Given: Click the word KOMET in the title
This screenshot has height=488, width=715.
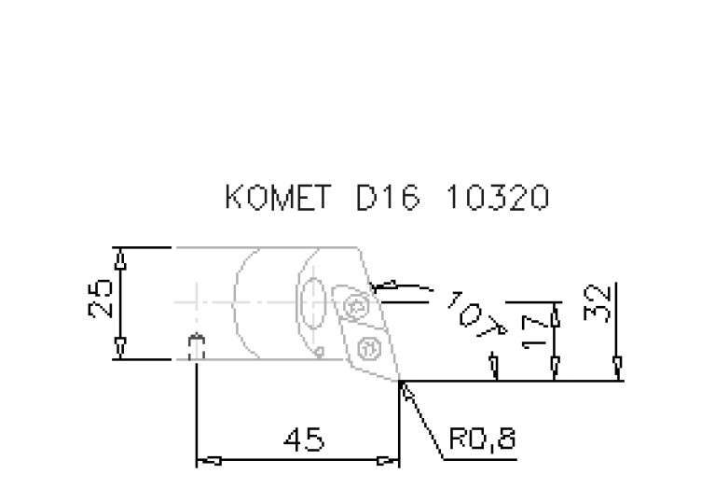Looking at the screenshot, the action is point(277,197).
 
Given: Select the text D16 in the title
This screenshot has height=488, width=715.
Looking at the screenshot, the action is point(387,197).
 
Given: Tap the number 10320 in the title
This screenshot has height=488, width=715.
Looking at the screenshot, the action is point(498,197).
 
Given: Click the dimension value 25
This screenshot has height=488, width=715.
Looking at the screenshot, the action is point(101,298).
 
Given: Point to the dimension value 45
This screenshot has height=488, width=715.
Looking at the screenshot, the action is point(304,439).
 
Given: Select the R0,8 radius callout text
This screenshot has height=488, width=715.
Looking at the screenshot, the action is point(483,439).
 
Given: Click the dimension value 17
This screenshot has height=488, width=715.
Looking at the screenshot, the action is point(534,328).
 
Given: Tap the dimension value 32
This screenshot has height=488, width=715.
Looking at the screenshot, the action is point(598,302).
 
